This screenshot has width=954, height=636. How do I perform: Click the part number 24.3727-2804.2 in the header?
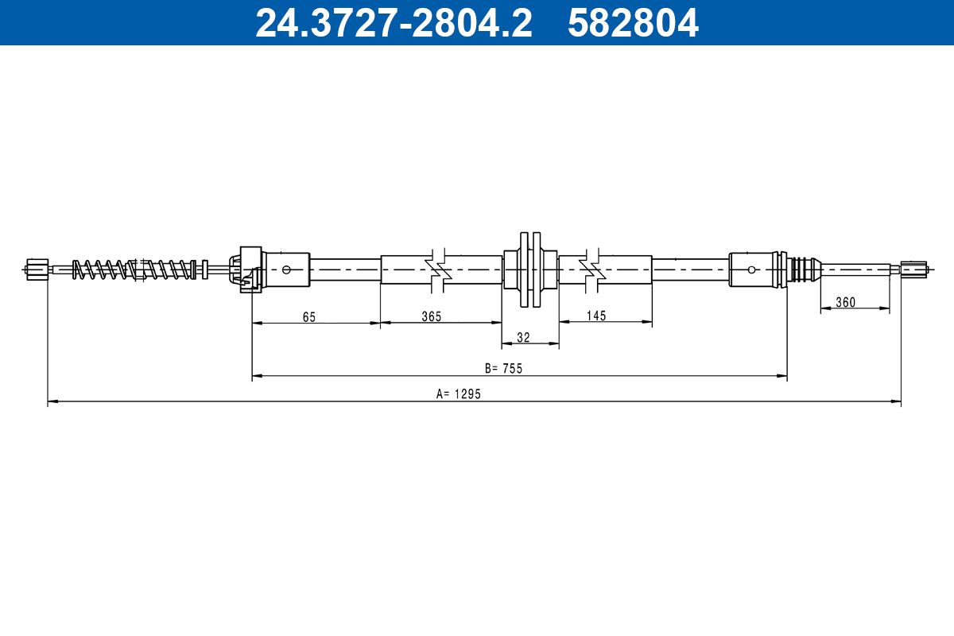393,23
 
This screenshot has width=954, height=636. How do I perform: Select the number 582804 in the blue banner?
633,23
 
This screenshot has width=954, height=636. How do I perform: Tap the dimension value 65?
309,316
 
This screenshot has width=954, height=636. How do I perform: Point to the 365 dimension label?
431,316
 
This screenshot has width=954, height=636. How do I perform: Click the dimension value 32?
523,338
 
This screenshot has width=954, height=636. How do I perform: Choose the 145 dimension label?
595,316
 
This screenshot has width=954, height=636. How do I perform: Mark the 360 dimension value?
845,303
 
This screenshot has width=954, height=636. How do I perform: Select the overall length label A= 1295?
459,394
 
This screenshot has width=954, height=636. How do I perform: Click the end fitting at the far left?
37,270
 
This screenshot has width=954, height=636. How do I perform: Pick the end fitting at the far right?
914,270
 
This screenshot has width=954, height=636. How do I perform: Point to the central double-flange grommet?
529,270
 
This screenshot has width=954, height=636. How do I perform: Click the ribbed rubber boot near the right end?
805,270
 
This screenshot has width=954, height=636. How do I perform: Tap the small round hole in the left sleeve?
286,270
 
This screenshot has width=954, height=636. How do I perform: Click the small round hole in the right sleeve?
751,270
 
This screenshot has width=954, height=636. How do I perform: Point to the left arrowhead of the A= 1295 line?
52,403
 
